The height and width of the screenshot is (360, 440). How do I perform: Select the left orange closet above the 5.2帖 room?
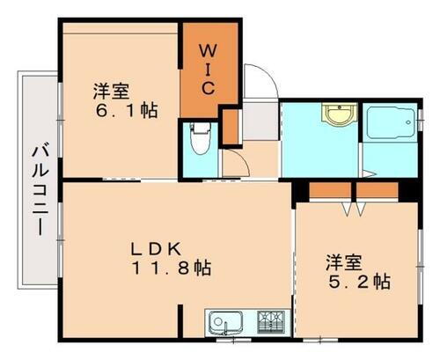coord(330,190)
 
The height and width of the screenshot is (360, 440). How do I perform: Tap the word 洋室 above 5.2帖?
coord(343,261)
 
